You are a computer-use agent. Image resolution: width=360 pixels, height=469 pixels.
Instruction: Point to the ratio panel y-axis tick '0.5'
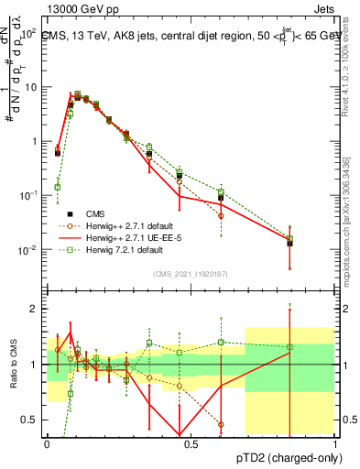(30, 420)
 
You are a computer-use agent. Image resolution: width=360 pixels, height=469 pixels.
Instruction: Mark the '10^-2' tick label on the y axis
(29, 250)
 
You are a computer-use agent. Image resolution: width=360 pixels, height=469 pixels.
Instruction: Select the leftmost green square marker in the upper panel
(58, 187)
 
